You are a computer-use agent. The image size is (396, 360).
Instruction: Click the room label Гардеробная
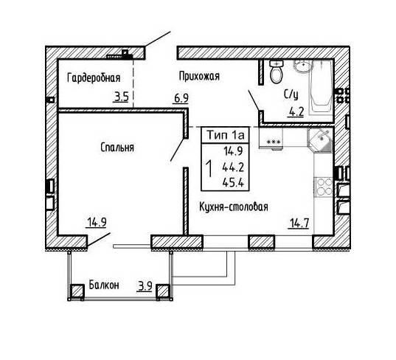tap(94, 78)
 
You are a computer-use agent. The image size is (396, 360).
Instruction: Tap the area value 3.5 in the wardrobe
tap(122, 97)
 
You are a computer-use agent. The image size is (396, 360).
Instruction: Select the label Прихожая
tap(199, 76)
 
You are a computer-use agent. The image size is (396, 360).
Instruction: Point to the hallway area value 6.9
tap(181, 98)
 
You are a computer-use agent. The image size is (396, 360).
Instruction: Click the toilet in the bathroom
tap(276, 72)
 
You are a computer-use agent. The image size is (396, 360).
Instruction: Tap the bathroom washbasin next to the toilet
tap(303, 66)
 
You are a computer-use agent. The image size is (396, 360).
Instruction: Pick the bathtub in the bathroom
tap(321, 87)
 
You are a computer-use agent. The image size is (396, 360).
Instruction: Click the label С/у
tap(291, 94)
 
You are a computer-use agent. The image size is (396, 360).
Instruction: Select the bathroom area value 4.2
tap(296, 111)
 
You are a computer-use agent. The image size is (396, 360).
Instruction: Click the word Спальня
tap(117, 148)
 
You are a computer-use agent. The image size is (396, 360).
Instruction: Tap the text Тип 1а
tap(226, 135)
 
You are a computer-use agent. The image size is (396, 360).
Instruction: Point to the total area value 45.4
tap(233, 182)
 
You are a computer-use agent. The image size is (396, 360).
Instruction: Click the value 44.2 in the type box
tap(233, 167)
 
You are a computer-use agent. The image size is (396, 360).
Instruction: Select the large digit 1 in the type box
tap(209, 169)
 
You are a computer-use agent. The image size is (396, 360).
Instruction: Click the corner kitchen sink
tap(319, 140)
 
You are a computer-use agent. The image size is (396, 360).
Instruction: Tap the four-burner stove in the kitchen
tap(323, 187)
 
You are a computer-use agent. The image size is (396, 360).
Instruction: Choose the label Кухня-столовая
tap(234, 207)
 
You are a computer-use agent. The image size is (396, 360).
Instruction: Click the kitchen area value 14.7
tap(299, 223)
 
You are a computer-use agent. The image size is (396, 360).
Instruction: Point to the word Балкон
tap(104, 285)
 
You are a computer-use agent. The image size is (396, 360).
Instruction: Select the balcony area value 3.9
tap(145, 286)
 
